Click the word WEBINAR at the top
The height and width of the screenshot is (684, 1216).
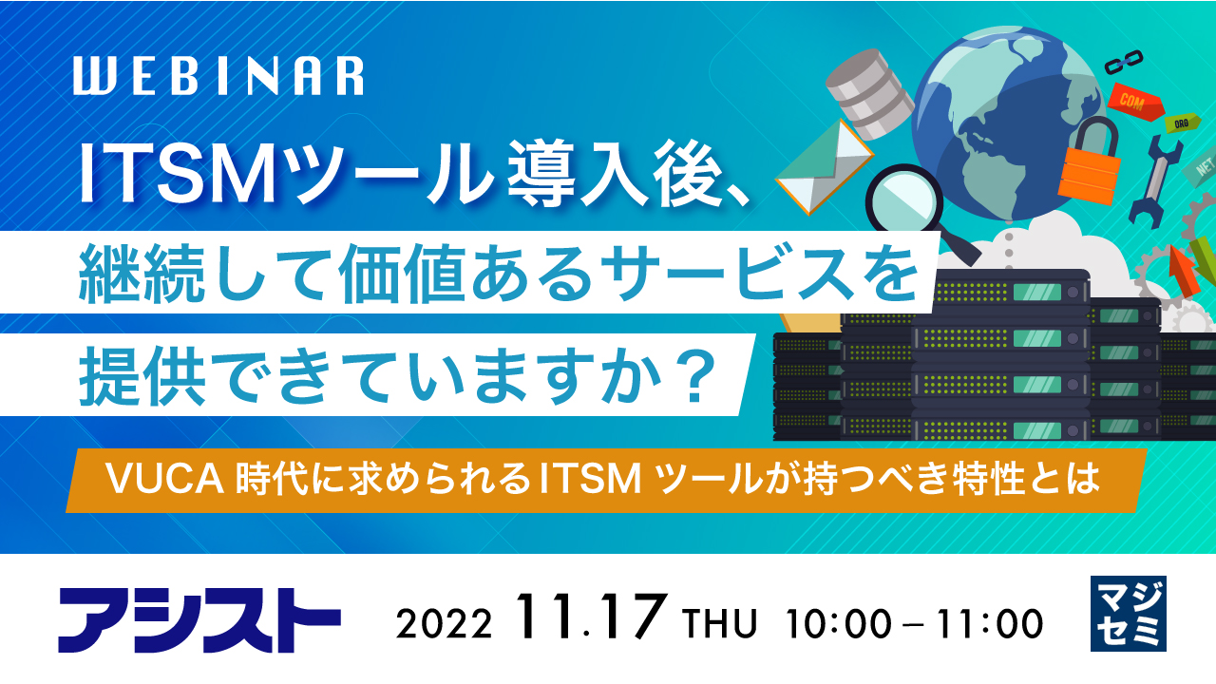point(218,77)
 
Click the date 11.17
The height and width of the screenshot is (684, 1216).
point(592,620)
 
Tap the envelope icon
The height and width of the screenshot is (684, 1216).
point(824,166)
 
